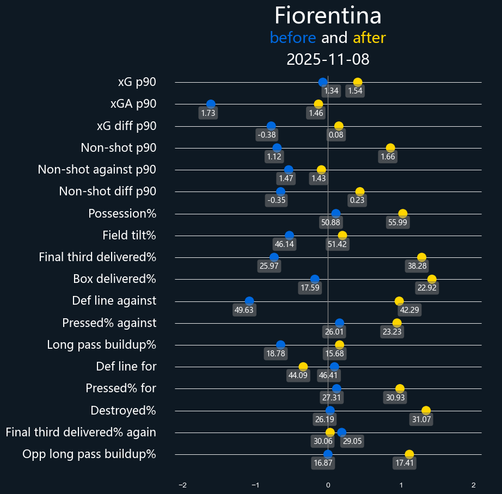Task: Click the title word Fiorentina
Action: [328, 16]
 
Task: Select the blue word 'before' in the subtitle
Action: [292, 38]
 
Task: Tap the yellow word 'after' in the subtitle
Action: [369, 38]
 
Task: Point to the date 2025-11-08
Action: [328, 59]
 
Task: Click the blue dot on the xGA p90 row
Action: [211, 104]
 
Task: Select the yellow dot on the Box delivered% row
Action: [432, 280]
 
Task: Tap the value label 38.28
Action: [418, 266]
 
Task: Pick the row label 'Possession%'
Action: [122, 214]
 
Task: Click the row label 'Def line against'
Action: [114, 301]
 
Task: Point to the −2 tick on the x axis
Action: [182, 485]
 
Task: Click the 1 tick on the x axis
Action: [401, 485]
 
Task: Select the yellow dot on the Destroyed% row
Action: [426, 411]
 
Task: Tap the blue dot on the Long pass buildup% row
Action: [280, 345]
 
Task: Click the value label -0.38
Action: [267, 135]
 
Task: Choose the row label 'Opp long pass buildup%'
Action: [89, 454]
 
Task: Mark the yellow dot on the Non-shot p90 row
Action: [390, 148]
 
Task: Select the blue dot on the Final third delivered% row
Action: [274, 257]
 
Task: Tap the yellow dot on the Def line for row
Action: [303, 367]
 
